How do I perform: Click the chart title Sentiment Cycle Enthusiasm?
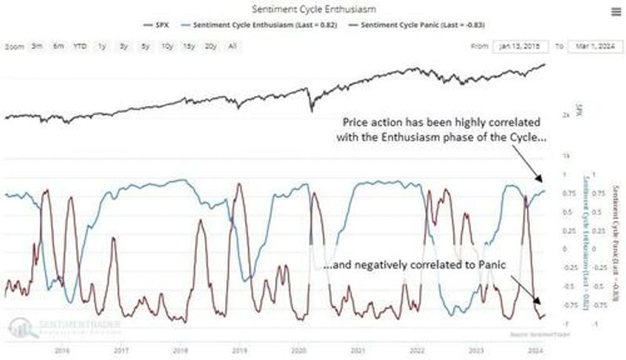pyautogui.click(x=312, y=10)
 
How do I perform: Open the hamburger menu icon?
pyautogui.click(x=615, y=11)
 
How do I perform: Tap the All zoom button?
pyautogui.click(x=233, y=46)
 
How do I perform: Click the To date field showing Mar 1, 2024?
pyautogui.click(x=591, y=46)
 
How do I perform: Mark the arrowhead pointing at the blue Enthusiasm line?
pyautogui.click(x=541, y=179)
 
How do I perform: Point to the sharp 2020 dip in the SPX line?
pyautogui.click(x=312, y=108)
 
